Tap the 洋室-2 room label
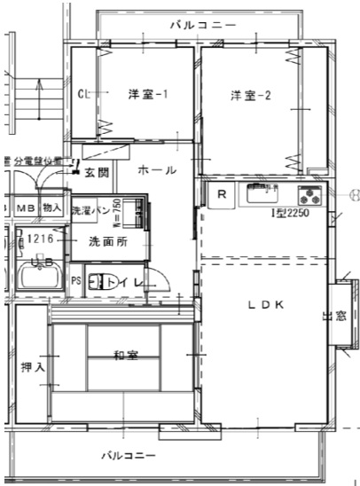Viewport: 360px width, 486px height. [x=251, y=95]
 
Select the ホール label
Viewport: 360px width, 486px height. [x=157, y=169]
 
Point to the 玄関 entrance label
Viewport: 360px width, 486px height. [x=96, y=174]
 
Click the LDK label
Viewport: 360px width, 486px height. [x=264, y=304]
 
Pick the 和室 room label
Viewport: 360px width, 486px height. [x=124, y=357]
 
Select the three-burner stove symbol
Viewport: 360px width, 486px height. [x=310, y=195]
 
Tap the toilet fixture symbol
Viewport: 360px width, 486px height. [x=101, y=281]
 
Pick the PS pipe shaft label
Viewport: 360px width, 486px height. [x=75, y=281]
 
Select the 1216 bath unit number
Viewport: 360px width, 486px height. [x=40, y=239]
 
